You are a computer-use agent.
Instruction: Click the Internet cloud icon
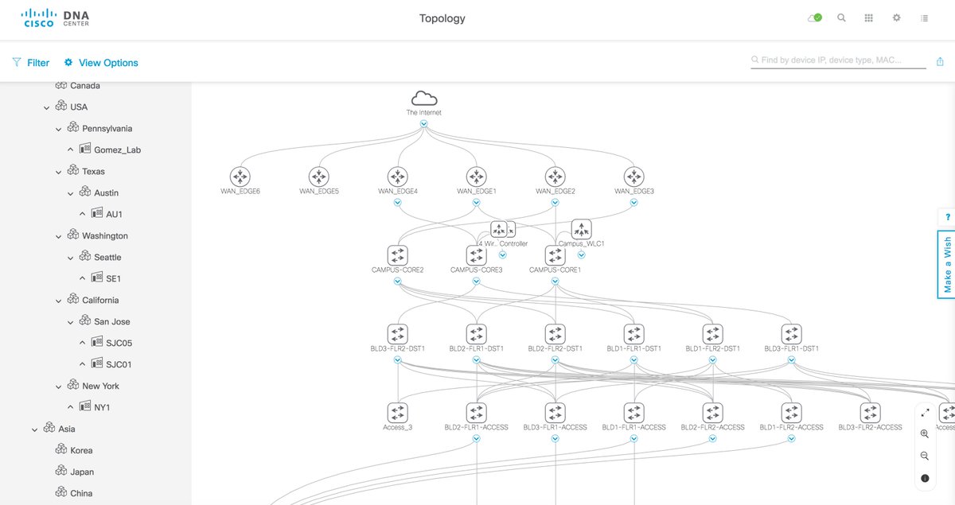[x=424, y=98]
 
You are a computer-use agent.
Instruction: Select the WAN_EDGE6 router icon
[x=240, y=177]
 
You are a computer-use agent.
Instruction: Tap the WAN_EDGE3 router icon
[x=633, y=177]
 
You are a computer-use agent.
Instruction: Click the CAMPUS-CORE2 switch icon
[x=397, y=255]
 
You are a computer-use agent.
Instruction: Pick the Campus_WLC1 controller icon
[x=581, y=229]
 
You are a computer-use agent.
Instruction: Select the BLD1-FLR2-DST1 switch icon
[x=712, y=334]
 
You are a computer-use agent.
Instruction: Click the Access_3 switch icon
[x=397, y=413]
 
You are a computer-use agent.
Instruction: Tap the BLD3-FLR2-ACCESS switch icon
[x=870, y=413]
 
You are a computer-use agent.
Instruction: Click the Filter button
[x=31, y=63]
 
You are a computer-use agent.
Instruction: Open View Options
[x=101, y=63]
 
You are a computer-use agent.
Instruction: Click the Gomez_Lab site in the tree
[x=117, y=150]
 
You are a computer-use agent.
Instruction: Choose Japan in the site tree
[x=82, y=472]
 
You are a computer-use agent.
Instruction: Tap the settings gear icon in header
[x=896, y=17]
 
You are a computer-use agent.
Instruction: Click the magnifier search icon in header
[x=841, y=17]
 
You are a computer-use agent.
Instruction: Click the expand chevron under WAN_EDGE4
[x=397, y=202]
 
